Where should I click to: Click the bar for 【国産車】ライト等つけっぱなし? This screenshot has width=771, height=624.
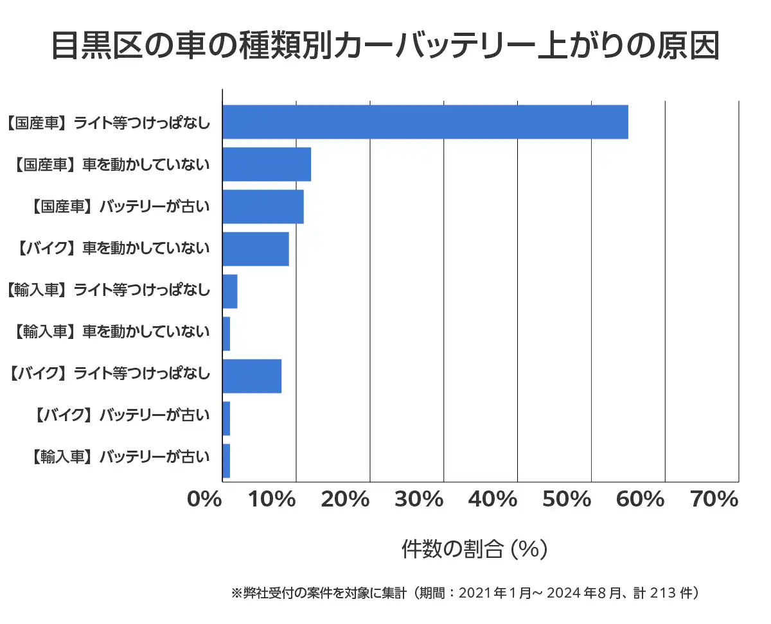(x=425, y=122)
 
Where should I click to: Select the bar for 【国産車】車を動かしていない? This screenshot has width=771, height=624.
(x=267, y=164)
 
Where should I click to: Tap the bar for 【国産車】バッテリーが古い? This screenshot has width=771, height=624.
(x=263, y=207)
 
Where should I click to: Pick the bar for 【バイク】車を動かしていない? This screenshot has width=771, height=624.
(x=256, y=249)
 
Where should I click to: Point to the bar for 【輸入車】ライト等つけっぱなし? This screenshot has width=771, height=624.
(x=230, y=291)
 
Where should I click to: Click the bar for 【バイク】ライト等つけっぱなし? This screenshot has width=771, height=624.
(x=252, y=376)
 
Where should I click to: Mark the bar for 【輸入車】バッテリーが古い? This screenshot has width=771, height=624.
(x=226, y=461)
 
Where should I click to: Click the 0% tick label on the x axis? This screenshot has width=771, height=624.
(x=204, y=499)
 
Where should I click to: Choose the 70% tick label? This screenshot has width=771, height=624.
(x=714, y=499)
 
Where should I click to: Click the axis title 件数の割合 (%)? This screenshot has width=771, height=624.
(x=474, y=550)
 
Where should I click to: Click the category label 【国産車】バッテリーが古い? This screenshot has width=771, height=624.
(x=120, y=206)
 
